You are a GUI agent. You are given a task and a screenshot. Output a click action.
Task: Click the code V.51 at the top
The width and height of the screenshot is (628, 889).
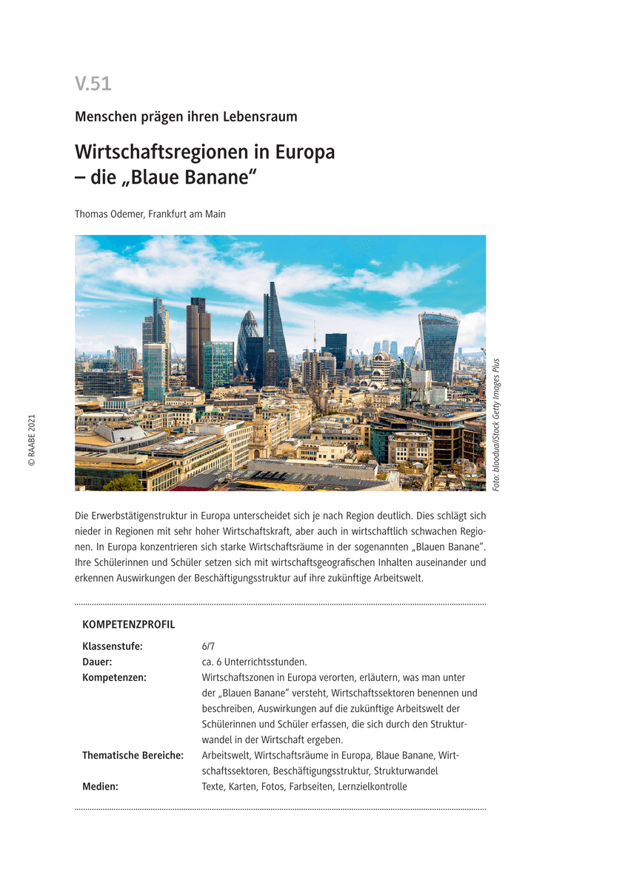pyautogui.click(x=93, y=84)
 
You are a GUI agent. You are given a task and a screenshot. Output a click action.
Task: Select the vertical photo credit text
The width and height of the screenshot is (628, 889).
pyautogui.click(x=496, y=424)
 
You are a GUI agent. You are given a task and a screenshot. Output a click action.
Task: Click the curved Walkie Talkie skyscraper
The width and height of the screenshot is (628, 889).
pyautogui.click(x=438, y=346)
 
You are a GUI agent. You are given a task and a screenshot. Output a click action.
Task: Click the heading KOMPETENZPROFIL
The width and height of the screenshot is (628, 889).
pyautogui.click(x=129, y=625)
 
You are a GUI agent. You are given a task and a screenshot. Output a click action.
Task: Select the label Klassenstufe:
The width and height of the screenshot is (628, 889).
pyautogui.click(x=113, y=646)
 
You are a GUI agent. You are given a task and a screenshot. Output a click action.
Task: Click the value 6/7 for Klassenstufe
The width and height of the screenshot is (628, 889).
pyautogui.click(x=208, y=646)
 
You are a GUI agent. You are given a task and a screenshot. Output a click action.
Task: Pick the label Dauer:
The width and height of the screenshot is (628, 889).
pyautogui.click(x=97, y=662)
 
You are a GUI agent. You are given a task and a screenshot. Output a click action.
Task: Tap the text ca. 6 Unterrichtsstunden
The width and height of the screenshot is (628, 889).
pyautogui.click(x=254, y=662)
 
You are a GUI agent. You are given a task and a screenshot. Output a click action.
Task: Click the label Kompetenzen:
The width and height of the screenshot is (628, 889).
pyautogui.click(x=114, y=677)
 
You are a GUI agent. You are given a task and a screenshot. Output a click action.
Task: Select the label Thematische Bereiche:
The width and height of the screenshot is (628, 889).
pyautogui.click(x=133, y=756)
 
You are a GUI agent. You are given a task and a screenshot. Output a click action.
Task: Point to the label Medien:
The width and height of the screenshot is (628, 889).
pyautogui.click(x=100, y=787)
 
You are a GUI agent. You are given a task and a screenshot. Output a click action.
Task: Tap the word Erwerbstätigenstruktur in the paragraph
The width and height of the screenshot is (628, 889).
pyautogui.click(x=141, y=515)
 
